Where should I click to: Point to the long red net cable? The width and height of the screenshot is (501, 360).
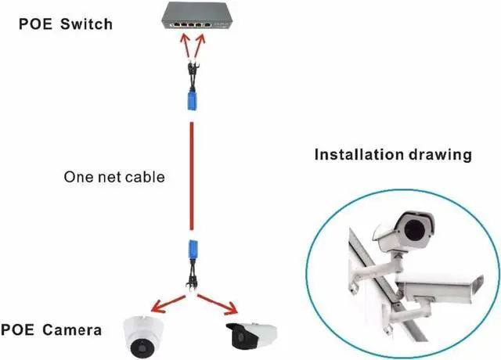coord(190,176)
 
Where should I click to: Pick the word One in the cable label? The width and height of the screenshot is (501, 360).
coord(77,177)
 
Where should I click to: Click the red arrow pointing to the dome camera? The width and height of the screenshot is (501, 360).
coord(164,305)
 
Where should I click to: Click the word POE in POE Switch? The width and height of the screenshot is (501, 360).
coord(36,23)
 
